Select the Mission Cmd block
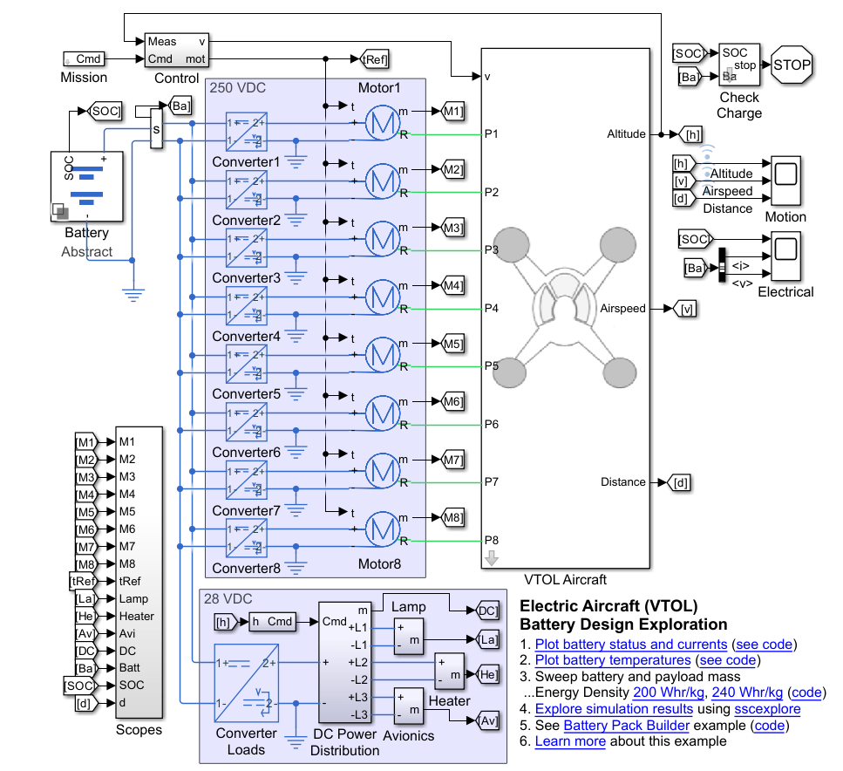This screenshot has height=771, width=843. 85,59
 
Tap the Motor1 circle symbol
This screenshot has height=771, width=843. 381,123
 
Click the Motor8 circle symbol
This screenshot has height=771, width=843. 381,529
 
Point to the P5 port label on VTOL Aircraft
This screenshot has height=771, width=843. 492,366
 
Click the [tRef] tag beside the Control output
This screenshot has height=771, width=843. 375,59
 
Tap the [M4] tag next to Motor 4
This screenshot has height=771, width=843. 453,285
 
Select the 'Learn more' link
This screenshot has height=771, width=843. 569,741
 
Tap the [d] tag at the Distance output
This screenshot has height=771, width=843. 681,482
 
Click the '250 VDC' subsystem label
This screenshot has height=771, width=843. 238,88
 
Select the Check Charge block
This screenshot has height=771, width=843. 738,65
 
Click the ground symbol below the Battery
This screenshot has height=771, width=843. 133,294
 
